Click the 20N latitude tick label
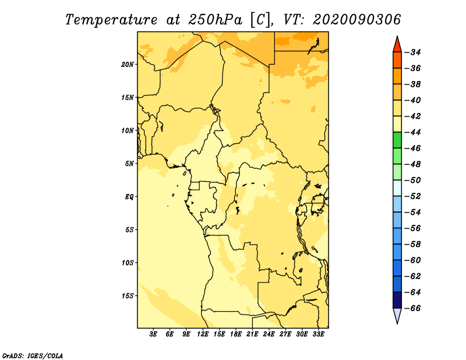coord(127,65)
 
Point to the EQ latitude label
coord(129,197)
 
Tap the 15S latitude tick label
coord(128,296)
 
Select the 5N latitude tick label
coord(129,164)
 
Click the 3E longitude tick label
coord(153,334)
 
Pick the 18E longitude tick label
coord(236,334)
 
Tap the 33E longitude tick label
coord(318,334)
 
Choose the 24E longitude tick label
coord(269,334)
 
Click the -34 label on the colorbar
coord(413,52)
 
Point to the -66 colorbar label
coord(413,308)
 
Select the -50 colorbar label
coord(413,180)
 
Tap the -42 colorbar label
coord(413,117)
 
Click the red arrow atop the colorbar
coord(397,45)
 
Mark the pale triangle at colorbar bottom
coord(397,315)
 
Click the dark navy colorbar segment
coord(397,300)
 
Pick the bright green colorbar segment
coord(397,140)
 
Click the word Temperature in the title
coord(111,20)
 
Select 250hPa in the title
coord(216,20)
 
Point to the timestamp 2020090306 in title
coord(356,20)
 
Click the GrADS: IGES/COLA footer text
coord(33,355)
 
